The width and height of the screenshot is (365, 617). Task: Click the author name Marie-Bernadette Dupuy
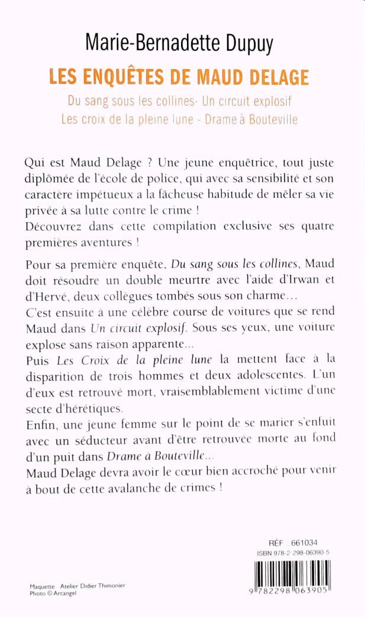click(183, 42)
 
